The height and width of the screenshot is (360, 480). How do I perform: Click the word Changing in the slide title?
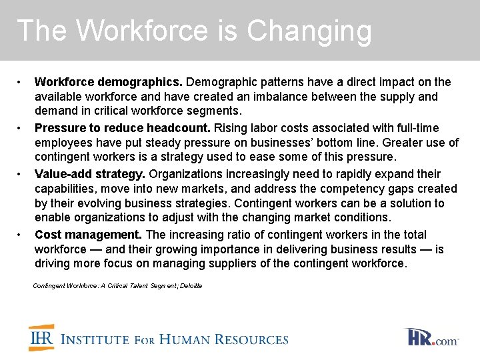coord(309,31)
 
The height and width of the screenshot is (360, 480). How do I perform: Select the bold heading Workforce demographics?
coord(108,82)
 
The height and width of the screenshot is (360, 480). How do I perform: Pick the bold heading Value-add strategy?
coord(90,174)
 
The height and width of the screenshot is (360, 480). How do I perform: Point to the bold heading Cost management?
coord(88,234)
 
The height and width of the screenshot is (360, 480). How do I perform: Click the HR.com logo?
coord(432,337)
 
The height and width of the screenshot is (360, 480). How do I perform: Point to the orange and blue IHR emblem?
coord(42,337)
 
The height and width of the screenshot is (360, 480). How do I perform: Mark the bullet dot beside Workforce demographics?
coord(21,83)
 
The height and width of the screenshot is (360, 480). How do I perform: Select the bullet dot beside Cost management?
coord(21,235)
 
